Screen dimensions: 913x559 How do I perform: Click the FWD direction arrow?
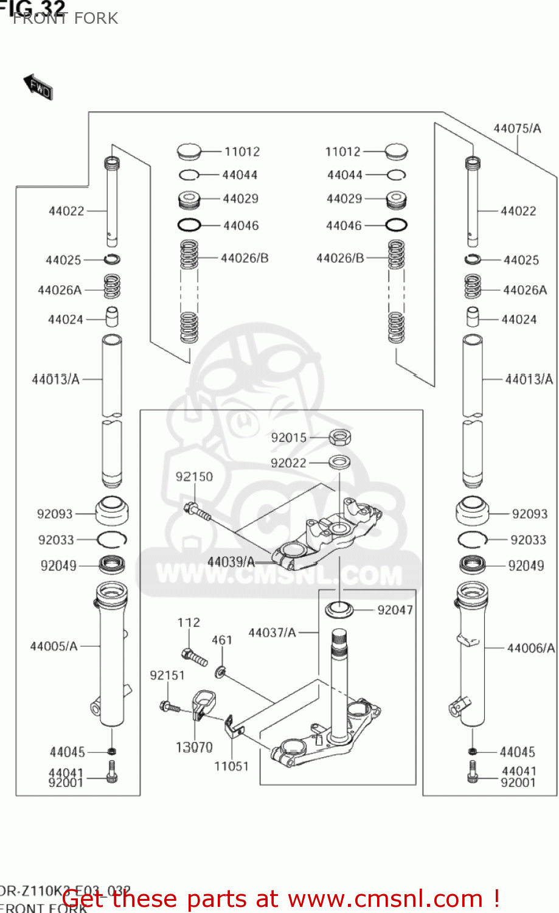38,87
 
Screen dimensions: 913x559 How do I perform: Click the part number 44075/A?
517,128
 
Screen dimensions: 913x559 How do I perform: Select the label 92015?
289,438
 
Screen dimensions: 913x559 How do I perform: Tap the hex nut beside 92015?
339,437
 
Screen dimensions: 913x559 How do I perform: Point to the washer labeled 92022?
339,463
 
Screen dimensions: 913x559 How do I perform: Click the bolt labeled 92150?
196,511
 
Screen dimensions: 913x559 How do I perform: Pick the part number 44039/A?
231,562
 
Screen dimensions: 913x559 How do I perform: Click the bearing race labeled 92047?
339,609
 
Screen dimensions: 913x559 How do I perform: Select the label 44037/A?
272,633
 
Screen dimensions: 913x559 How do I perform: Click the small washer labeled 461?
220,672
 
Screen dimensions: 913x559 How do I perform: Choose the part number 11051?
231,766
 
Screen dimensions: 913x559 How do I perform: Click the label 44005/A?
54,646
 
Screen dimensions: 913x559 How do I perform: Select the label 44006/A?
530,648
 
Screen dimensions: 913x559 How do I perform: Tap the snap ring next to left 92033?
111,539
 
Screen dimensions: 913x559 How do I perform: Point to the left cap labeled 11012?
189,150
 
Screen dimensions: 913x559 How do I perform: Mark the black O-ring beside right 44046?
396,225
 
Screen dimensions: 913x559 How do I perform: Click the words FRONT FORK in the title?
66,18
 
